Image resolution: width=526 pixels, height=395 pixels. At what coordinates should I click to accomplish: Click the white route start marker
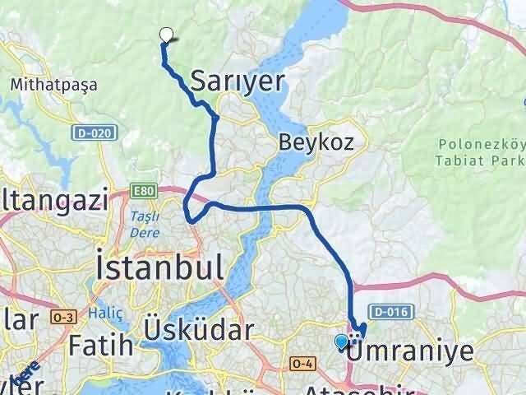pyautogui.click(x=167, y=35)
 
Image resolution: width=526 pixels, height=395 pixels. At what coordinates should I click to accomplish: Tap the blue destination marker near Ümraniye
pyautogui.click(x=342, y=342)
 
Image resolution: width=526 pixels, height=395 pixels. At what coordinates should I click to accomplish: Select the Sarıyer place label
pyautogui.click(x=238, y=81)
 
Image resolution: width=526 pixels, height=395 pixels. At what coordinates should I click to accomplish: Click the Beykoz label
pyautogui.click(x=316, y=142)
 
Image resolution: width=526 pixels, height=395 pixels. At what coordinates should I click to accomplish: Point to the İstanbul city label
pyautogui.click(x=159, y=267)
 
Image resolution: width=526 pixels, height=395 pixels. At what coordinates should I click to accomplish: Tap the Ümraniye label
pyautogui.click(x=411, y=351)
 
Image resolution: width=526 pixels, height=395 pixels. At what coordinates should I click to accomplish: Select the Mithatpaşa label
pyautogui.click(x=54, y=84)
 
